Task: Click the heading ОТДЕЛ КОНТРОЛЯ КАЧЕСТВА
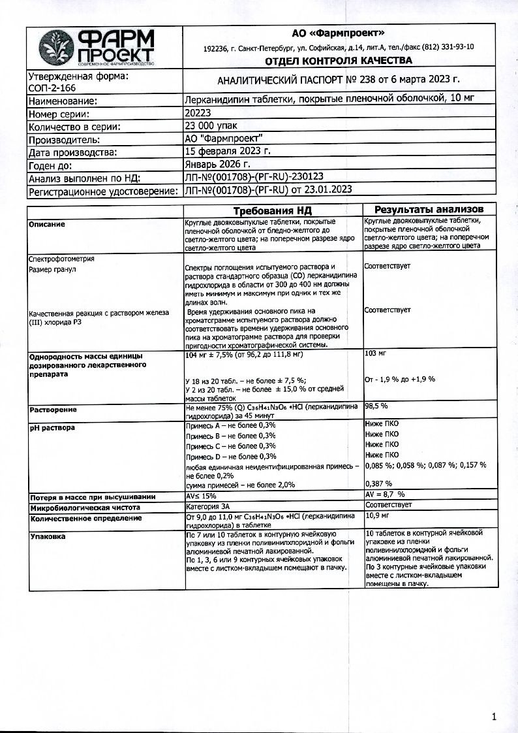pyautogui.click(x=338, y=61)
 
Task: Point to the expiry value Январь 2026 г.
pyautogui.click(x=217, y=163)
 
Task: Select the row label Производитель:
pyautogui.click(x=65, y=139)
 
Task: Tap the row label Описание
pyautogui.click(x=47, y=224)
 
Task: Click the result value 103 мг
pyautogui.click(x=376, y=353)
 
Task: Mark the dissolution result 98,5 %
pyautogui.click(x=376, y=406)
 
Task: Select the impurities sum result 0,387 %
pyautogui.click(x=379, y=483)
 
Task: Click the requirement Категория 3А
pyautogui.click(x=208, y=506)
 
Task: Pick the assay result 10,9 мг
pyautogui.click(x=377, y=517)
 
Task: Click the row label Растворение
pyautogui.click(x=53, y=410)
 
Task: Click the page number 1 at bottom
pyautogui.click(x=494, y=717)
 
